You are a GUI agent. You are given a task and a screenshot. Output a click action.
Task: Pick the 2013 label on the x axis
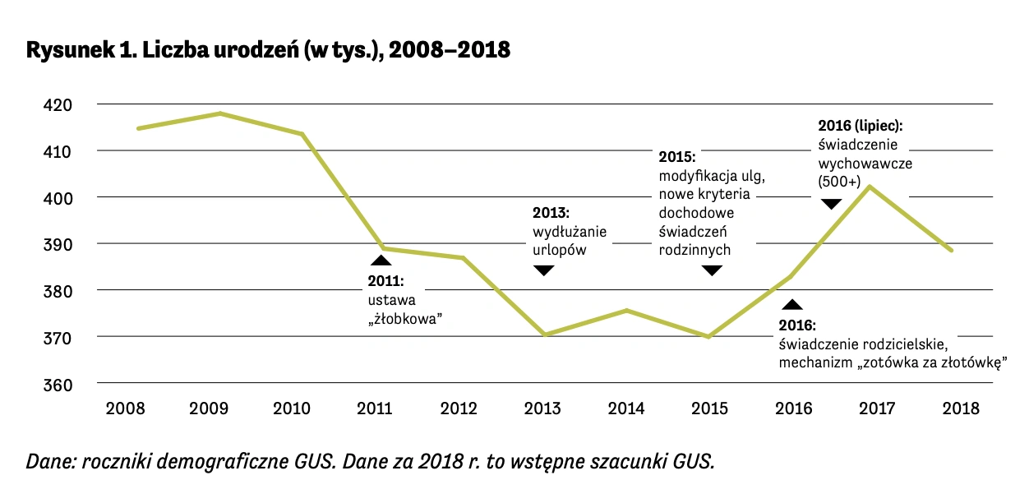pyautogui.click(x=542, y=408)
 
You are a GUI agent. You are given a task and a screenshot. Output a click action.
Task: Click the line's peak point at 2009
pyautogui.click(x=221, y=113)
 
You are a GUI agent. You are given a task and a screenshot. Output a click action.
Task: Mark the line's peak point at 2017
pyautogui.click(x=870, y=186)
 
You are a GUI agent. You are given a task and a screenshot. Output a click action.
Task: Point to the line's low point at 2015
pyautogui.click(x=708, y=336)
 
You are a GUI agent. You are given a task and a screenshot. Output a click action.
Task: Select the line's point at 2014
pyautogui.click(x=627, y=310)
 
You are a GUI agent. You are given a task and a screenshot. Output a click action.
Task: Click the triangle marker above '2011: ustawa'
pyautogui.click(x=381, y=260)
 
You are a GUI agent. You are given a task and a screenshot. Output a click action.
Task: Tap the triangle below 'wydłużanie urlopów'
pyautogui.click(x=543, y=270)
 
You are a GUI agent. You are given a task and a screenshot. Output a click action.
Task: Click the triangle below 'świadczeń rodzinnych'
pyautogui.click(x=712, y=270)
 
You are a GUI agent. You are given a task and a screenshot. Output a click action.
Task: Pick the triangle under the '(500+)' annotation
pyautogui.click(x=831, y=204)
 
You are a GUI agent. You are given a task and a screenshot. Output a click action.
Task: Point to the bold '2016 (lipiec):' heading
pyautogui.click(x=860, y=127)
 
